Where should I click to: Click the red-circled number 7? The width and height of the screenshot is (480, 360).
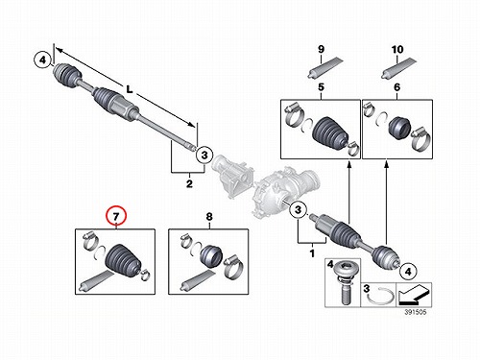(116, 216)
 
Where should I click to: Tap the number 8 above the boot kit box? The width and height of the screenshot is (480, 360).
(209, 217)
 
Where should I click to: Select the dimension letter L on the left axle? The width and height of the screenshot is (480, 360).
(130, 89)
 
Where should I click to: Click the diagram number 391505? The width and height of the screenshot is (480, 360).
(416, 312)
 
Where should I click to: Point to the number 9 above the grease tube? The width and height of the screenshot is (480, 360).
(321, 49)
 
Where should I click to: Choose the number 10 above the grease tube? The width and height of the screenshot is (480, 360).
(397, 50)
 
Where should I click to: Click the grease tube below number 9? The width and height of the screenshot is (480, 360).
(324, 67)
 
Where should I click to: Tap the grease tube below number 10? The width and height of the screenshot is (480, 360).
(398, 68)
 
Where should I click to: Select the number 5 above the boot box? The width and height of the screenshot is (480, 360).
(321, 87)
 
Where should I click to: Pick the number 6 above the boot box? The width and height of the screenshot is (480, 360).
(396, 87)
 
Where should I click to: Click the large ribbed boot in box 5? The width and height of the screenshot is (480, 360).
(329, 132)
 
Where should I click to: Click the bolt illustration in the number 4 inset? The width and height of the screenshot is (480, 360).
(344, 282)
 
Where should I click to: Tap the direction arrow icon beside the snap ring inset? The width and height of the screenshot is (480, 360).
(413, 295)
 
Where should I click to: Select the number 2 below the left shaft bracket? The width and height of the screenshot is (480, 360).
(189, 183)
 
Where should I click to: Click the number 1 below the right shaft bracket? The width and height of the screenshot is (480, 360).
(312, 253)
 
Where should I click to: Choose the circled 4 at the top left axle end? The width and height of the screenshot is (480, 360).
(43, 60)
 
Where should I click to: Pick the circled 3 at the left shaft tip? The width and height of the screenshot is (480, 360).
(204, 156)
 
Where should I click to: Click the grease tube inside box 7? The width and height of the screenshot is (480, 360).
(96, 281)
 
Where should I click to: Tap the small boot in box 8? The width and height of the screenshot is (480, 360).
(211, 255)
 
